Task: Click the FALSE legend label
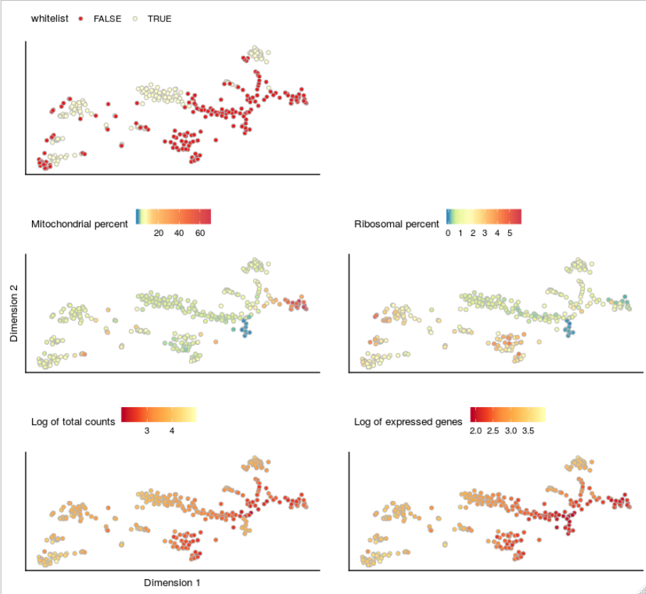[107, 18]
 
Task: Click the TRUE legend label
[159, 18]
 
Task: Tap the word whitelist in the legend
[50, 18]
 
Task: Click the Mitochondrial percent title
[80, 224]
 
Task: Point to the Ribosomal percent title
[397, 224]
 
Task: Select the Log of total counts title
[73, 421]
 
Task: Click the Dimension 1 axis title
[172, 583]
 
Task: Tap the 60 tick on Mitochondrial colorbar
[200, 233]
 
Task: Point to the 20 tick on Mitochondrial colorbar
[159, 233]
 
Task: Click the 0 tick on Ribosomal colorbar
[448, 233]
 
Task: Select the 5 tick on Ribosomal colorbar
[510, 233]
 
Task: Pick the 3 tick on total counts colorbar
[146, 431]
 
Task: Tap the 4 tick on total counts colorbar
[172, 431]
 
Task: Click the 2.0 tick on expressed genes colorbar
[475, 431]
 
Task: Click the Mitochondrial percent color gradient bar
[173, 216]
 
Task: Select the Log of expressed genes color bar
[507, 414]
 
